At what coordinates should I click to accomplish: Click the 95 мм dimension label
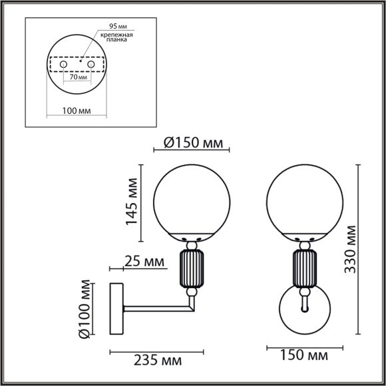[x=118, y=26]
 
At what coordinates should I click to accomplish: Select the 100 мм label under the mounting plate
[x=77, y=110]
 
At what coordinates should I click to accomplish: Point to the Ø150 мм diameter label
[x=193, y=143]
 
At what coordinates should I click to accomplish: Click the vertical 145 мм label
[x=132, y=202]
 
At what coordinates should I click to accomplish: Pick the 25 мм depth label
[x=144, y=261]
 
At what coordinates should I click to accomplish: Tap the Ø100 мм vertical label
[x=84, y=309]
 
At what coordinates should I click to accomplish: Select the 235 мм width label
[x=158, y=361]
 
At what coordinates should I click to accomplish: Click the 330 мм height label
[x=350, y=250]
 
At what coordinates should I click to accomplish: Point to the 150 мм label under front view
[x=304, y=355]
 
